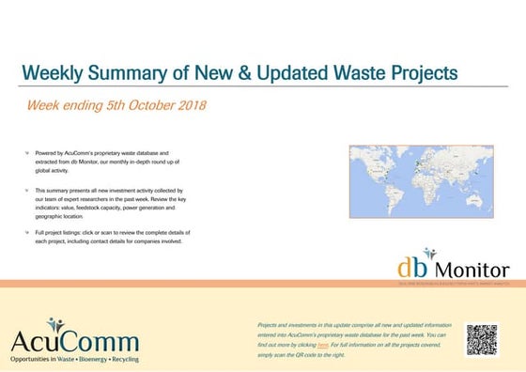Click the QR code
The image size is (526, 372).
[481, 339]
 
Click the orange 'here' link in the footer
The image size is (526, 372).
[323, 345]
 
